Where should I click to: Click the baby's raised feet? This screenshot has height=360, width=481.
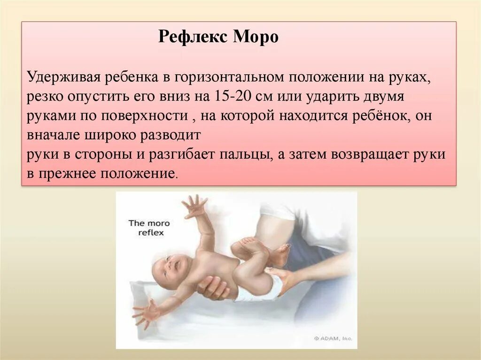point(263,248)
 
